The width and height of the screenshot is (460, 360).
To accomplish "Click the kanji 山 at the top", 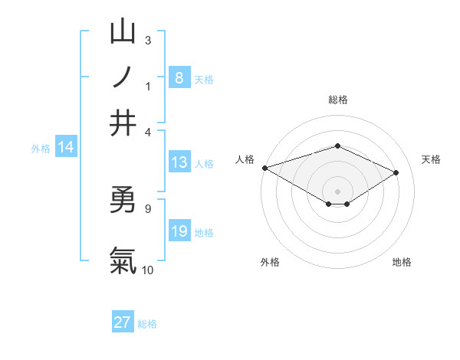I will click(x=123, y=32).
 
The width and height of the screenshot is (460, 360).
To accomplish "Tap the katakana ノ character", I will click(x=123, y=77).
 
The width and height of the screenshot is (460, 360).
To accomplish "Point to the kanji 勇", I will click(x=123, y=201).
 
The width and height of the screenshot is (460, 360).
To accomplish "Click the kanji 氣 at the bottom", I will click(x=123, y=260).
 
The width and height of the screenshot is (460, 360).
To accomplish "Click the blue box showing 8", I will click(x=179, y=77).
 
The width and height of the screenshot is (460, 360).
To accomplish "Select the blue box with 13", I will click(x=179, y=162).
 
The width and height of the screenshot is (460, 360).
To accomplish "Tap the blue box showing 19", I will click(x=179, y=231).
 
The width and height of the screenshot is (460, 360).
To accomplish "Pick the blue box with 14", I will click(x=66, y=148).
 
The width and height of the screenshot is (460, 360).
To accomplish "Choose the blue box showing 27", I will click(x=123, y=322).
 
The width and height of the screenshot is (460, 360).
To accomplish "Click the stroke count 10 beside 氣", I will click(x=148, y=270).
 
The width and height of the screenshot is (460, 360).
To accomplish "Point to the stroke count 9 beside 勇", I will click(x=147, y=208).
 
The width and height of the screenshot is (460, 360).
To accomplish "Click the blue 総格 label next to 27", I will click(x=147, y=324).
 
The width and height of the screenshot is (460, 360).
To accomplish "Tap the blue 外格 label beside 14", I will click(x=41, y=149).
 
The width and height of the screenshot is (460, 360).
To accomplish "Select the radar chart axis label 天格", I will click(x=431, y=159).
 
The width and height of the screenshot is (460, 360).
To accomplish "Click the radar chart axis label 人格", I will click(x=245, y=159).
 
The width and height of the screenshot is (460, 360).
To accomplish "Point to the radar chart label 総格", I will click(x=337, y=100).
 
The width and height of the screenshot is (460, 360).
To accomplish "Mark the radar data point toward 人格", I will click(x=264, y=168).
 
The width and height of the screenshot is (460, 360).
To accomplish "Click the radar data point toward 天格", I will click(x=396, y=172).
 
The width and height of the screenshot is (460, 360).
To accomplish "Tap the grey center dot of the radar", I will click(x=337, y=190).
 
